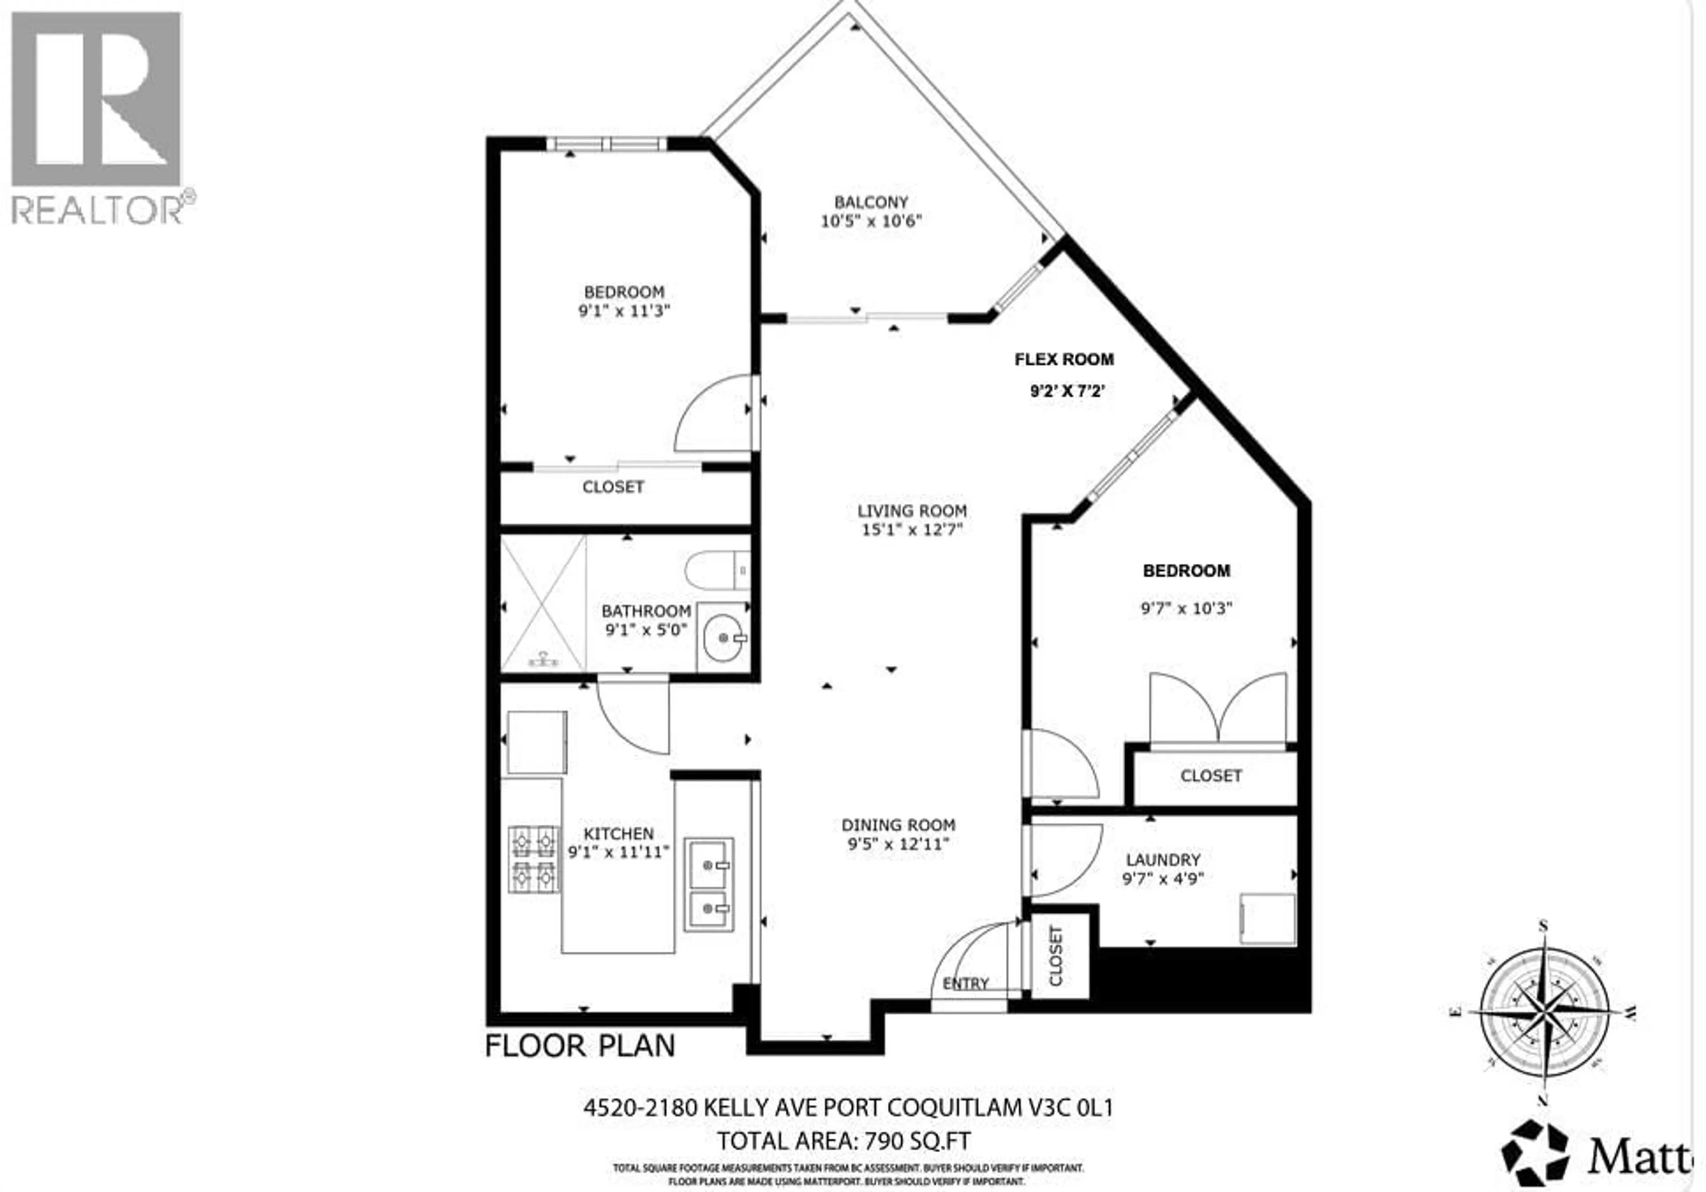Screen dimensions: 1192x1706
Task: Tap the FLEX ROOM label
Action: (1064, 360)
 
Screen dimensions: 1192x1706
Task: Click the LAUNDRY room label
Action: (1163, 860)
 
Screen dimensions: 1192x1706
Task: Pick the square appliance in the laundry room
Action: (1268, 919)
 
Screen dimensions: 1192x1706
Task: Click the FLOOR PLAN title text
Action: (580, 1046)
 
